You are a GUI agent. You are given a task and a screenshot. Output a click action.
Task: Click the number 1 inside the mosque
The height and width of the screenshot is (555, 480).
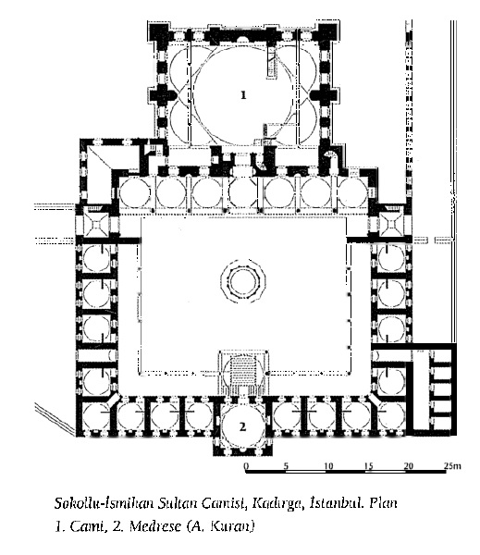point(243,95)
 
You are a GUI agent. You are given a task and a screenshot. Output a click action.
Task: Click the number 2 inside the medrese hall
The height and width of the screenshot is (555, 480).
point(242,426)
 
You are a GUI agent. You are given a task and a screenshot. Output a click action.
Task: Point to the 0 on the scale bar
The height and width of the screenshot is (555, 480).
point(247,466)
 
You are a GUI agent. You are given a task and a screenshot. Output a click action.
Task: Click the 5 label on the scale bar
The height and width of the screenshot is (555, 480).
point(286,466)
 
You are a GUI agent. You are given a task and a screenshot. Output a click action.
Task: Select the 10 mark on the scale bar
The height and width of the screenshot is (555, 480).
point(328,466)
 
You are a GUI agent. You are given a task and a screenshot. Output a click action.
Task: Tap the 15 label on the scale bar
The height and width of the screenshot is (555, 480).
point(369,466)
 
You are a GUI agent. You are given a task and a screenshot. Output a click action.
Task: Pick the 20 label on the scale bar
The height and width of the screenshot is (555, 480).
point(409,466)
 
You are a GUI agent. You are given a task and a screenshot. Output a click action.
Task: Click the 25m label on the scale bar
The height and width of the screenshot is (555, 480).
point(452,466)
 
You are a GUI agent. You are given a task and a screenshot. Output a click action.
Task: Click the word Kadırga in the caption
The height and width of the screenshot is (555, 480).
point(277,503)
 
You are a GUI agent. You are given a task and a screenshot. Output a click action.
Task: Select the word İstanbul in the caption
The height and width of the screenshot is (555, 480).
point(337,502)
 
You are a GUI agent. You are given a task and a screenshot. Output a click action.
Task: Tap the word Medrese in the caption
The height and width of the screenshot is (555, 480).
point(154,526)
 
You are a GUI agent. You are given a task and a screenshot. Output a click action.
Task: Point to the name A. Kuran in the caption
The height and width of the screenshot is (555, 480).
point(220,526)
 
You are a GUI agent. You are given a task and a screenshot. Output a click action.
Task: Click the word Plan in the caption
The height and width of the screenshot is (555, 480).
point(384,502)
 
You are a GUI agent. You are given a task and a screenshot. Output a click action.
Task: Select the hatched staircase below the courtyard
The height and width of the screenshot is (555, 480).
point(243,369)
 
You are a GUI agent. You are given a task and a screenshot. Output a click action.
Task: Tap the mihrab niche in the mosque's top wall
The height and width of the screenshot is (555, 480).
point(243,39)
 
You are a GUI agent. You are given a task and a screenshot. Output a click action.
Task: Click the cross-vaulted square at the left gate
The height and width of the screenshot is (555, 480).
point(97,226)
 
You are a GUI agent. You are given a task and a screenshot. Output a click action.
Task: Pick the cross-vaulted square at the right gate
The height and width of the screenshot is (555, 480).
point(391,224)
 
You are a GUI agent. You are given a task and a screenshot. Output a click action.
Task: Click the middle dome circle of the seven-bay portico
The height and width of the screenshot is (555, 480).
point(243,193)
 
